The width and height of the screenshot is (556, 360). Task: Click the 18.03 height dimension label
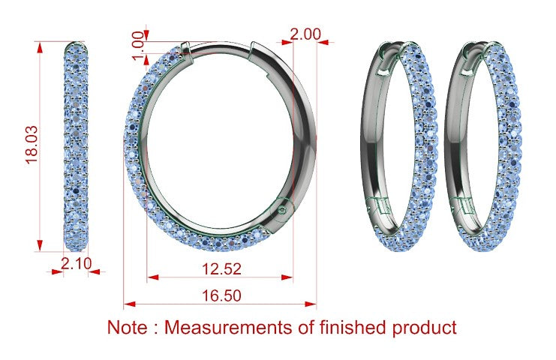pyautogui.click(x=32, y=145)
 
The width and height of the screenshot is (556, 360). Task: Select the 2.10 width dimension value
pyautogui.click(x=77, y=264)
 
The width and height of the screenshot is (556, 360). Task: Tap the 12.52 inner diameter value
pyautogui.click(x=221, y=269)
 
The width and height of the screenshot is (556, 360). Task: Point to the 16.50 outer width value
pyautogui.click(x=221, y=295)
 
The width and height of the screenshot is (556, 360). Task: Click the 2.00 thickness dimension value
pyautogui.click(x=305, y=34)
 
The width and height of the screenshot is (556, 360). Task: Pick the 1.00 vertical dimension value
pyautogui.click(x=138, y=46)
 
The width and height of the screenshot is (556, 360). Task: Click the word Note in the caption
pyautogui.click(x=127, y=327)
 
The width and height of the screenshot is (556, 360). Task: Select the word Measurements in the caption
pyautogui.click(x=229, y=327)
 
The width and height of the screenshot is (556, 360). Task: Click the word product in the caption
pyautogui.click(x=424, y=328)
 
